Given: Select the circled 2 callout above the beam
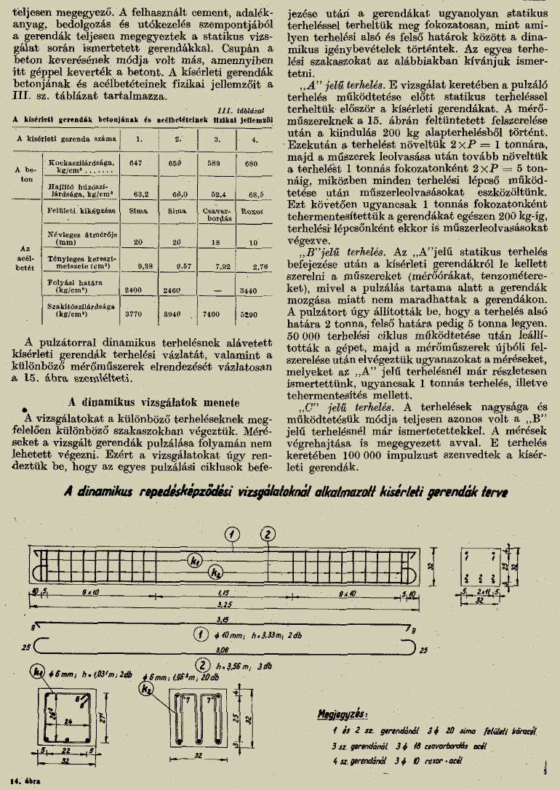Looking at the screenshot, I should tap(268, 535).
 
